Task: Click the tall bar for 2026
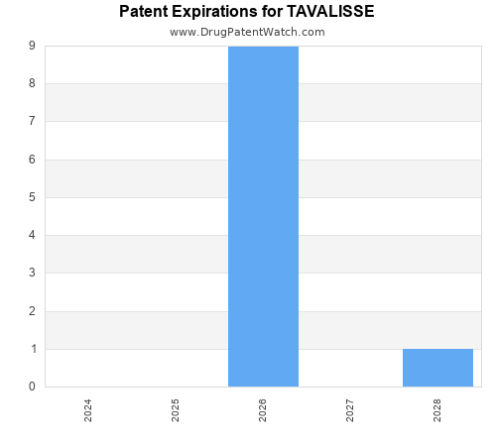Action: pyautogui.click(x=263, y=216)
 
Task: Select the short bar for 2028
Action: pyautogui.click(x=437, y=368)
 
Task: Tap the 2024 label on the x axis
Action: pyautogui.click(x=88, y=410)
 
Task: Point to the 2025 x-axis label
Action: pyautogui.click(x=176, y=410)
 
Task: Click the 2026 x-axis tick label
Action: pyautogui.click(x=263, y=410)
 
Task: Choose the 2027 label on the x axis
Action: pyautogui.click(x=350, y=410)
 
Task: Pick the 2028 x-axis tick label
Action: pyautogui.click(x=437, y=410)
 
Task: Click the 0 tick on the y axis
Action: pyautogui.click(x=33, y=387)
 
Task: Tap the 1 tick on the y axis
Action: pyautogui.click(x=33, y=349)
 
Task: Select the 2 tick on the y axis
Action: pyautogui.click(x=33, y=311)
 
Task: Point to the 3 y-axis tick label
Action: pyautogui.click(x=33, y=274)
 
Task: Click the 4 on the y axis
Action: pyautogui.click(x=33, y=236)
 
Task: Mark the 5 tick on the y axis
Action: pyautogui.click(x=33, y=197)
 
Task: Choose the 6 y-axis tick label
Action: pyautogui.click(x=33, y=160)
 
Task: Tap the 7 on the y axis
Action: pyautogui.click(x=33, y=122)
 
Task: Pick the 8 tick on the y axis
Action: pyautogui.click(x=33, y=84)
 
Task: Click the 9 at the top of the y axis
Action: pyautogui.click(x=33, y=47)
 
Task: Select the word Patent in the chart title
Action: pyautogui.click(x=145, y=12)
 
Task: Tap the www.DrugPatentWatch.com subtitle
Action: pyautogui.click(x=247, y=32)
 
